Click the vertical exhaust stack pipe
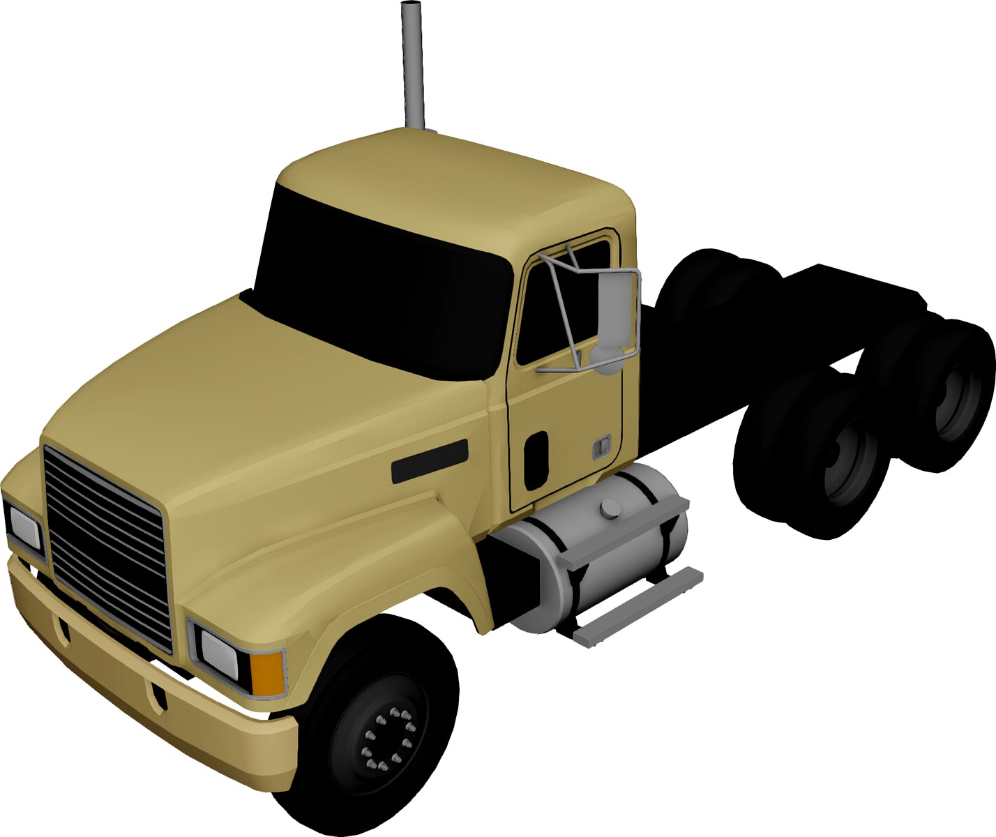pos(412,66)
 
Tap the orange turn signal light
pos(268,672)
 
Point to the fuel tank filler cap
pos(610,509)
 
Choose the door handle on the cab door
pos(601,446)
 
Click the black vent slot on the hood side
pos(429,461)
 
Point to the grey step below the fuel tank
pos(638,605)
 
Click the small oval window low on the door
pos(536,460)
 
